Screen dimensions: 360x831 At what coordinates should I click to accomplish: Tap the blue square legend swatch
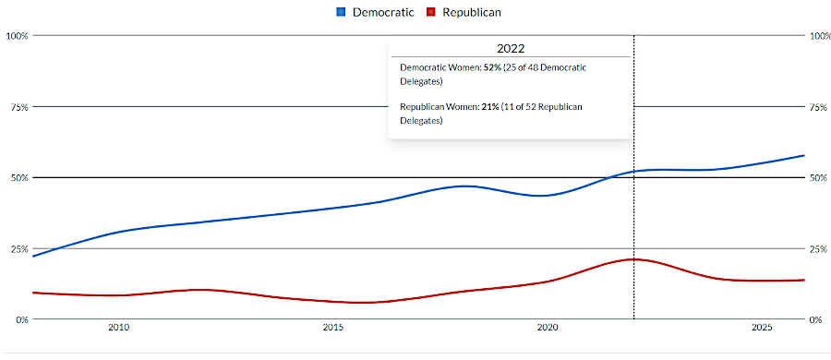click(341, 13)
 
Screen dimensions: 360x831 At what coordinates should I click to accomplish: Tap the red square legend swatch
click(430, 13)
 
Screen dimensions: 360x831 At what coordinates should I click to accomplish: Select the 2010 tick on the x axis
click(118, 328)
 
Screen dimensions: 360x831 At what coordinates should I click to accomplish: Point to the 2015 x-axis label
click(332, 328)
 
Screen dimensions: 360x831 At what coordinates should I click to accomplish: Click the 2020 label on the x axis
click(548, 328)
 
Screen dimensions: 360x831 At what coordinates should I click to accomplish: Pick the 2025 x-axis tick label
click(762, 328)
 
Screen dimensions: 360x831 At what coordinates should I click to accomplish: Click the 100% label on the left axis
click(17, 36)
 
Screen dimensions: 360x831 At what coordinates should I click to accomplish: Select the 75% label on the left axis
click(18, 107)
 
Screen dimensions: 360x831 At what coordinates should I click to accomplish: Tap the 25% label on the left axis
click(18, 248)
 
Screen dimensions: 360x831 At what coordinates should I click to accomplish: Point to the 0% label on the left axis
click(20, 319)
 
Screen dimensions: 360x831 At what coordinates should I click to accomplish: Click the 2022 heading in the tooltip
click(510, 48)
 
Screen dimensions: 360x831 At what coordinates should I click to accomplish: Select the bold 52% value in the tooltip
click(493, 68)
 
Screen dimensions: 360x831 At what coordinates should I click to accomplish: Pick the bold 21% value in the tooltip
click(489, 107)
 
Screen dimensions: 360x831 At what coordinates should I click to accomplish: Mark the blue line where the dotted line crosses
click(634, 171)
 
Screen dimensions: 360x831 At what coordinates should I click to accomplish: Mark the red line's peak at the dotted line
click(634, 259)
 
